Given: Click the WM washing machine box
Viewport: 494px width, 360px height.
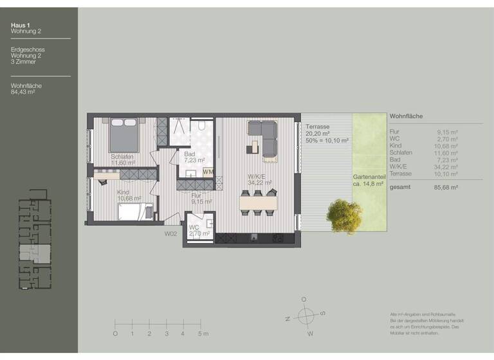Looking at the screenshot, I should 208,172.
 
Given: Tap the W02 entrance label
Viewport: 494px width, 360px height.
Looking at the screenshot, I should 170,234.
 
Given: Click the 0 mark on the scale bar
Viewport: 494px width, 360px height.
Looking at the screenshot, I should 115,334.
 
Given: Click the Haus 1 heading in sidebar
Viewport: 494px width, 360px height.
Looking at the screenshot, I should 21,26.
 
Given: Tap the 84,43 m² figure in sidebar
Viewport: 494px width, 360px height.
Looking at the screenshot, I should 23,92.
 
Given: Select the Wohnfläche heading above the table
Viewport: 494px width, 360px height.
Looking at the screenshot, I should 406,116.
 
